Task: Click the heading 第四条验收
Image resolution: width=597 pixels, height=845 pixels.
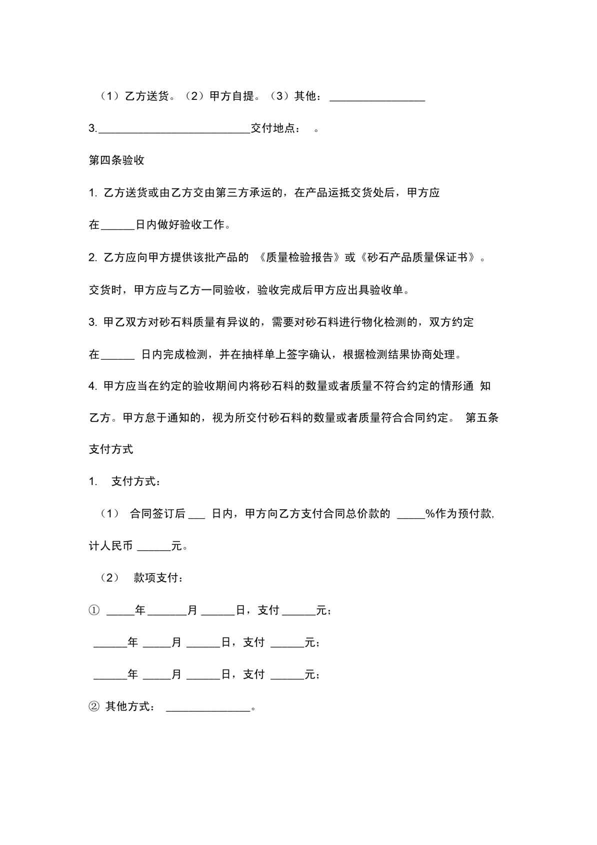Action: point(116,160)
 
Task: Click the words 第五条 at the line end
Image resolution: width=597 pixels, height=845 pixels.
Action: point(482,418)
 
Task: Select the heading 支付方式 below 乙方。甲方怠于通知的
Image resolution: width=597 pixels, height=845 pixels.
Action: point(111,449)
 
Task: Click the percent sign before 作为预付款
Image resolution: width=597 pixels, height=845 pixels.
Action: point(430,514)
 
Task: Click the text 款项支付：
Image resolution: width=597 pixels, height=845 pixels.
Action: point(158,578)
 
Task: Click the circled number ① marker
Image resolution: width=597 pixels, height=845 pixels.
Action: point(94,610)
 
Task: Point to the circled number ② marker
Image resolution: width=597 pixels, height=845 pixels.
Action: point(94,707)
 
